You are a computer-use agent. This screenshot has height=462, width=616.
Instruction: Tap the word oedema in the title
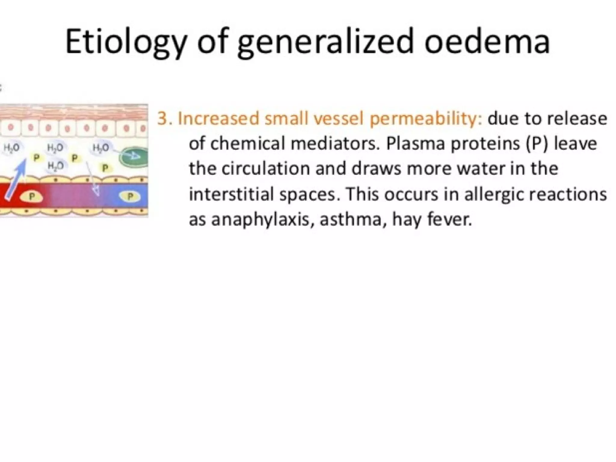pos(487,42)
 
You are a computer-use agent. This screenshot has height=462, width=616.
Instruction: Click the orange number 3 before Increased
pos(162,119)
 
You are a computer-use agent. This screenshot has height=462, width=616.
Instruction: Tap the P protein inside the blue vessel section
pos(130,197)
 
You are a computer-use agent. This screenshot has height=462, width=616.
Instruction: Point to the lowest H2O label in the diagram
pos(56,165)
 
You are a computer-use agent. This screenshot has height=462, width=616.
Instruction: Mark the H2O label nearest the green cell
pos(100,148)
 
